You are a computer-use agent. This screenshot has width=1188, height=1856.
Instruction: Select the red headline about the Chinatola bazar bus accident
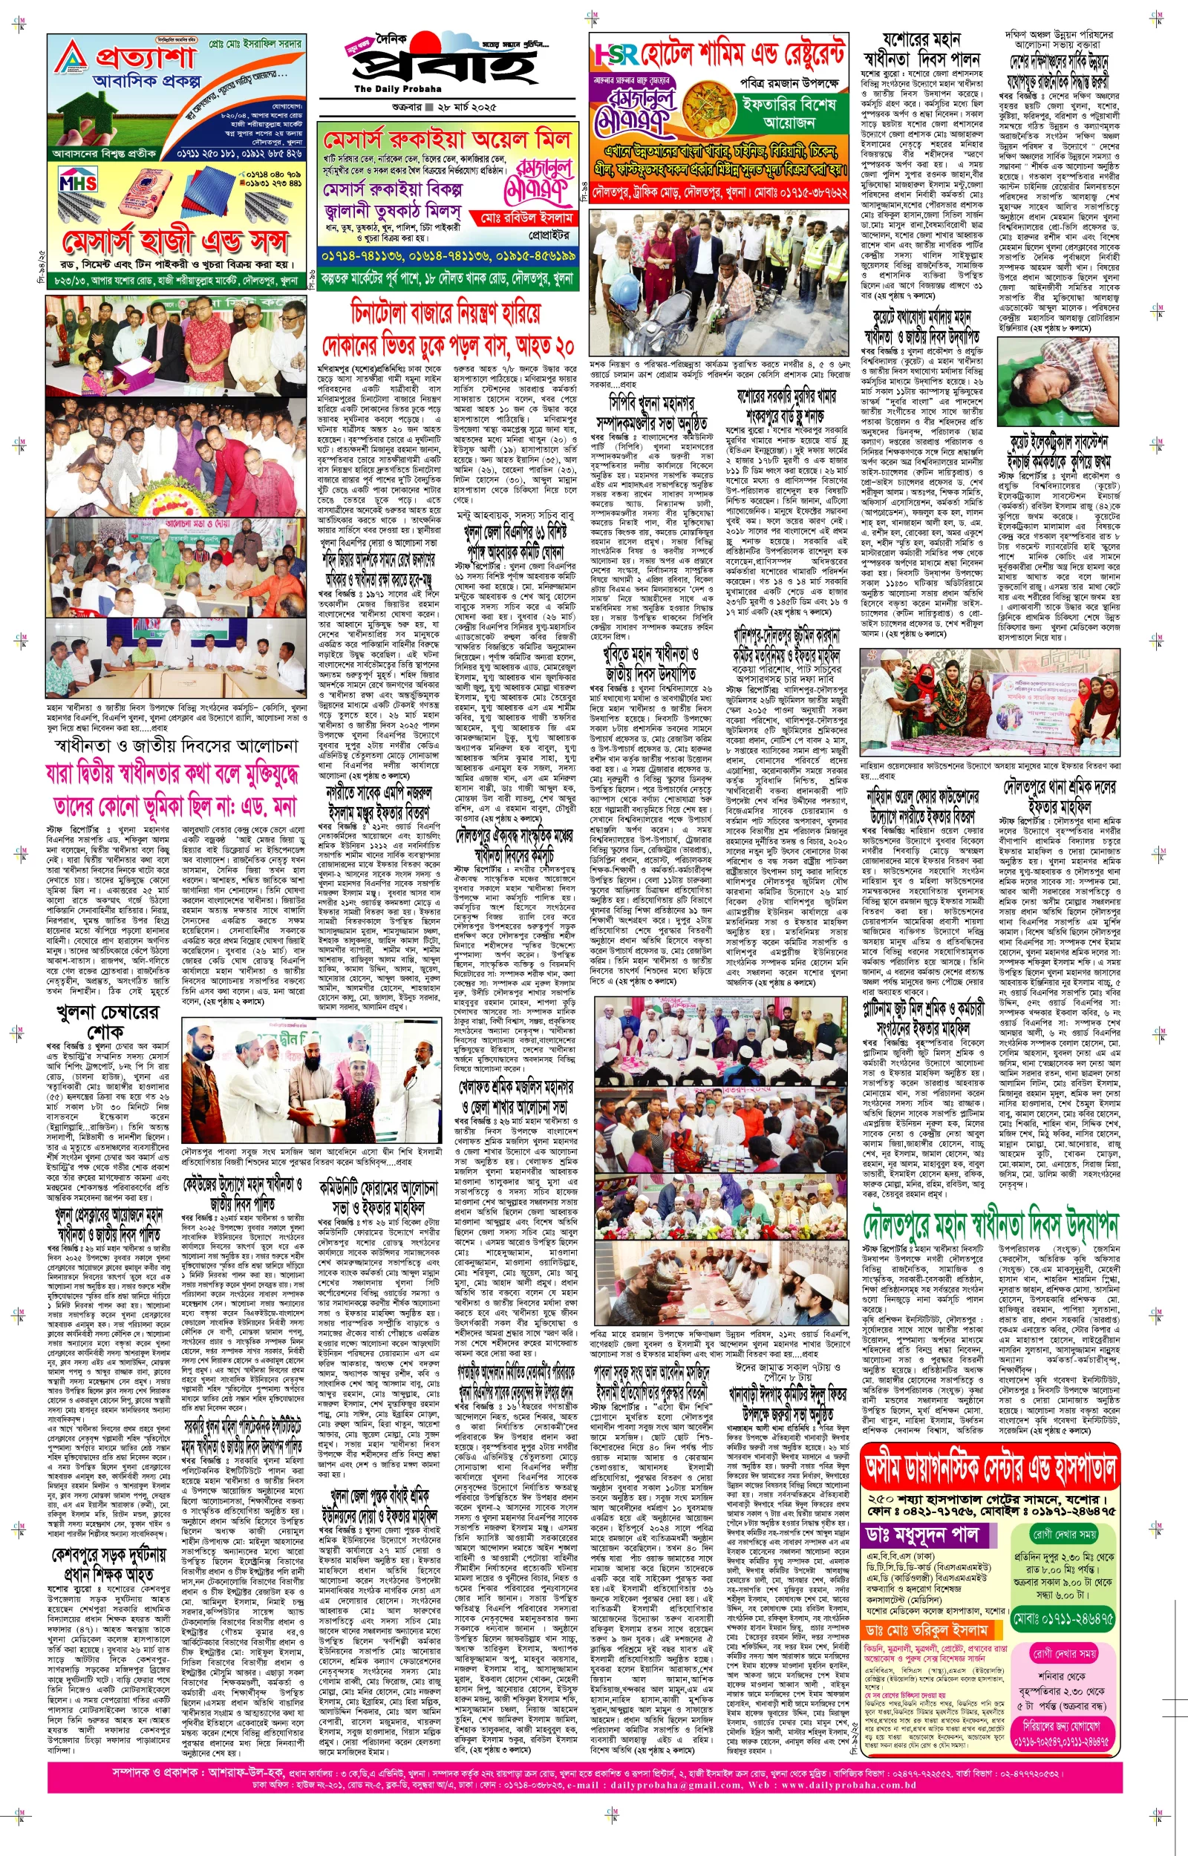tap(448, 328)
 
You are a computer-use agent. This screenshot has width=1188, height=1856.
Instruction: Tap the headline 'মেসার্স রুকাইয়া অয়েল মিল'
tap(447, 140)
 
